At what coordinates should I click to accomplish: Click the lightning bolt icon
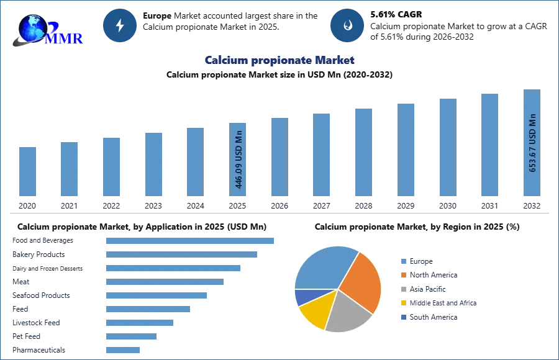point(120,25)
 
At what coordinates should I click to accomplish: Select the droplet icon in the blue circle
point(347,25)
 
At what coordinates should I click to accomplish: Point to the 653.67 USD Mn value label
point(532,143)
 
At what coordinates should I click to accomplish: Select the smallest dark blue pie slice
point(302,297)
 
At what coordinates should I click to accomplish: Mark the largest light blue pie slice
point(323,267)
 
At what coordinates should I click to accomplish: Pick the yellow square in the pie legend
point(403,303)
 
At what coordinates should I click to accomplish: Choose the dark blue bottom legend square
point(403,317)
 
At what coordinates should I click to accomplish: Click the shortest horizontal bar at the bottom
point(124,350)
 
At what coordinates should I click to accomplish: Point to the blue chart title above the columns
point(280,61)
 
